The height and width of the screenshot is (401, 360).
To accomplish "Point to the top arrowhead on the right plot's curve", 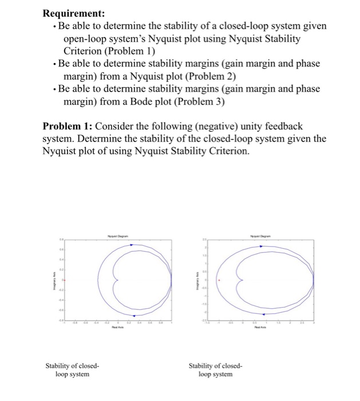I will tap(262, 246).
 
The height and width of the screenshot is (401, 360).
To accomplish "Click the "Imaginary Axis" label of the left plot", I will tap(55, 281).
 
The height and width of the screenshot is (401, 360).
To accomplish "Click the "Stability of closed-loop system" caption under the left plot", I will tap(73, 369).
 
